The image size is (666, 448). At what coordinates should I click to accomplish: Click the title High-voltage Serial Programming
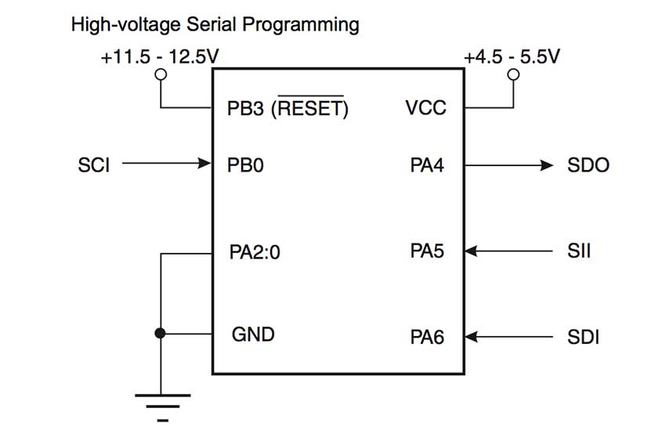pyautogui.click(x=215, y=25)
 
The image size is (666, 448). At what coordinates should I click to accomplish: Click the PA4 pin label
pyautogui.click(x=427, y=165)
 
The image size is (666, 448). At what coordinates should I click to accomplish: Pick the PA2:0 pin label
pyautogui.click(x=255, y=252)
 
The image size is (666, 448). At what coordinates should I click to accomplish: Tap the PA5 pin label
pyautogui.click(x=427, y=251)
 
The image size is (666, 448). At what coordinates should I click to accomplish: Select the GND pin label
pyautogui.click(x=253, y=334)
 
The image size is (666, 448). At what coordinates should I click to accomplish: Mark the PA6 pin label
pyautogui.click(x=427, y=338)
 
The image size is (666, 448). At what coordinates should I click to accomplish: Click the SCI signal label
pyautogui.click(x=95, y=165)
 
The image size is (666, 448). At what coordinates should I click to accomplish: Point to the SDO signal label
pyautogui.click(x=588, y=165)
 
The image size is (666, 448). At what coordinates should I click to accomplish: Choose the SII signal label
pyautogui.click(x=579, y=251)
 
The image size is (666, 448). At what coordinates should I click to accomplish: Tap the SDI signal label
pyautogui.click(x=584, y=338)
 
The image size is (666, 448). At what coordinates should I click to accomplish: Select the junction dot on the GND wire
pyautogui.click(x=161, y=334)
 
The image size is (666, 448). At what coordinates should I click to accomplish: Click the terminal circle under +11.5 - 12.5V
pyautogui.click(x=161, y=75)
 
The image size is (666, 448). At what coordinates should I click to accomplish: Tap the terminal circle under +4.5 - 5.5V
pyautogui.click(x=514, y=75)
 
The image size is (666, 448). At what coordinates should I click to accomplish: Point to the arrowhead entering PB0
pyautogui.click(x=206, y=164)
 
